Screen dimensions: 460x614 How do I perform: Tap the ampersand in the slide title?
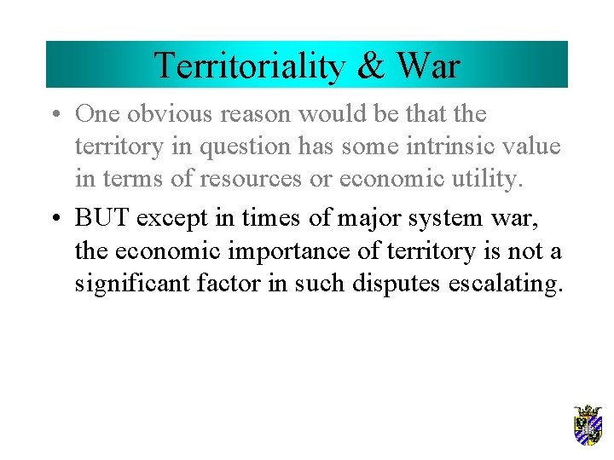371,66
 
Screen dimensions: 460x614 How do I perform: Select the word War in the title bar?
428,66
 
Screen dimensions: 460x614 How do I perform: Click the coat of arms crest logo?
588,426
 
